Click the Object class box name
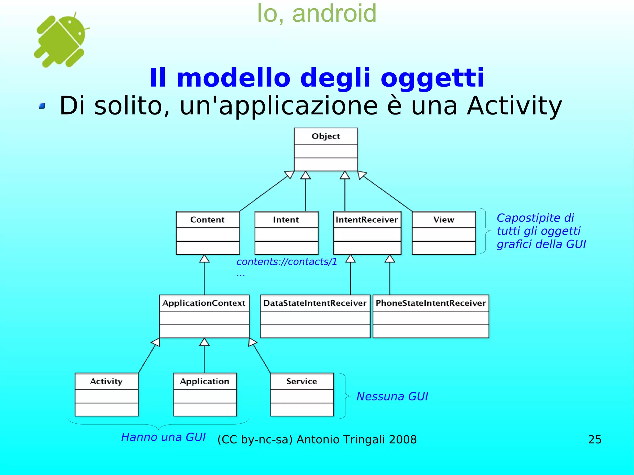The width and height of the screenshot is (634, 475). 326,136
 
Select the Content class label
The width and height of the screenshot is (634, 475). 207,220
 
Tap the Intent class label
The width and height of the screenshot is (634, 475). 286,220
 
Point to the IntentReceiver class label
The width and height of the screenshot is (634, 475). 367,220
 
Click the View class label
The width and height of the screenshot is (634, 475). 444,220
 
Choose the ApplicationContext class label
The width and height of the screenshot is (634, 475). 204,303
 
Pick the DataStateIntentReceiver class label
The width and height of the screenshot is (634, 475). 315,303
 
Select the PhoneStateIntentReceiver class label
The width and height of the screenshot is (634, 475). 431,303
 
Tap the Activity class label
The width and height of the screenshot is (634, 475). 106,381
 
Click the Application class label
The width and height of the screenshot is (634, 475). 205,381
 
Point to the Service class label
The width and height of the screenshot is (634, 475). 302,381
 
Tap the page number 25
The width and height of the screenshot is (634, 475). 595,439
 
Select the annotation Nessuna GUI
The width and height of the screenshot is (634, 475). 392,396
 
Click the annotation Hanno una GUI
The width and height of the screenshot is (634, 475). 163,437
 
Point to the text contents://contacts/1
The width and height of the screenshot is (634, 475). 287,262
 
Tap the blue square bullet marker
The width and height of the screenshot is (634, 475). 42,106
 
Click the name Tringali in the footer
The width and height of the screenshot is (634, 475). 363,439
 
